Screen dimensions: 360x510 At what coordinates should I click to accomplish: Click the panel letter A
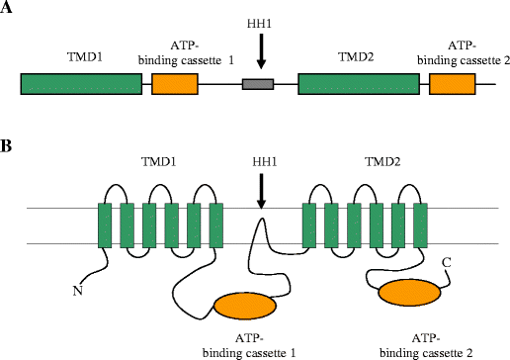(8, 13)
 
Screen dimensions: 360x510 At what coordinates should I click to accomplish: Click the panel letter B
(8, 146)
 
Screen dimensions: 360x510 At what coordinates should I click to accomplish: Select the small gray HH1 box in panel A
(257, 85)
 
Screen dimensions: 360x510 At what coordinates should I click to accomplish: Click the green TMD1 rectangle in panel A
(81, 85)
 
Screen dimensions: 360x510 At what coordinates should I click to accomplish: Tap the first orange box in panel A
(174, 85)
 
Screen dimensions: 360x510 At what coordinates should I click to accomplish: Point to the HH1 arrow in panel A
(260, 49)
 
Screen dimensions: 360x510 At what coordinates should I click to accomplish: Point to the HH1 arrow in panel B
(261, 190)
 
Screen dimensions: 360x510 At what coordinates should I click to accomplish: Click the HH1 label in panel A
(260, 22)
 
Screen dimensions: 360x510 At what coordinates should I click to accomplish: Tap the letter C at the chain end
(447, 260)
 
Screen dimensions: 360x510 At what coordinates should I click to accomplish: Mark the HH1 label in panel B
(261, 158)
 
